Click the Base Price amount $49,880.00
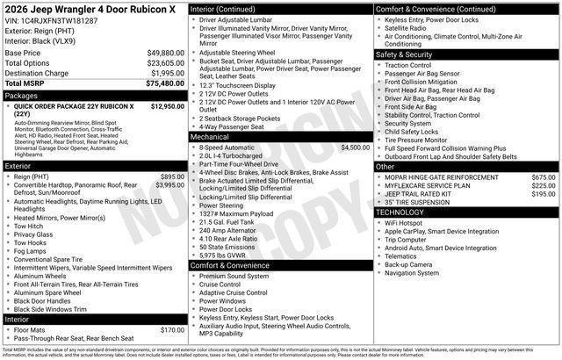click(x=165, y=53)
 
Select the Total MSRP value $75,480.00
click(x=165, y=83)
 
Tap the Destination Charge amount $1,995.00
click(x=167, y=73)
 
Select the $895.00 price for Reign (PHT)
click(x=172, y=176)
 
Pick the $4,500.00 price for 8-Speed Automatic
click(x=355, y=148)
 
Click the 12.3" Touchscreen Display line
click(x=237, y=85)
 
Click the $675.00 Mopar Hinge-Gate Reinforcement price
click(x=543, y=177)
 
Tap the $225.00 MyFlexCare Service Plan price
click(x=543, y=186)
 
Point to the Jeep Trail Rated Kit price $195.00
click(x=543, y=194)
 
